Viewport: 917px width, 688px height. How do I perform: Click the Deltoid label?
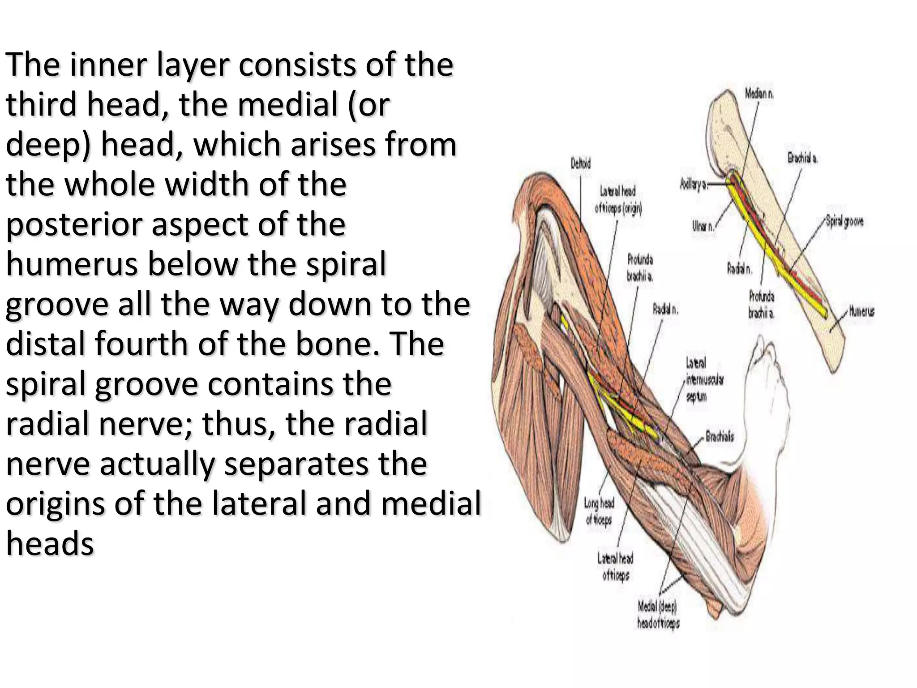(x=580, y=164)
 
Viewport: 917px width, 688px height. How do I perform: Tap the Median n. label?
(x=759, y=94)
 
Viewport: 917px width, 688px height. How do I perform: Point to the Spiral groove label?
(x=844, y=222)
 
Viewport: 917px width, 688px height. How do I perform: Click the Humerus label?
(x=861, y=311)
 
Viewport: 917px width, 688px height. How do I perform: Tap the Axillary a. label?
(x=693, y=184)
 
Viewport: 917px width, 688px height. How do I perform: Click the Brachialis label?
(x=720, y=436)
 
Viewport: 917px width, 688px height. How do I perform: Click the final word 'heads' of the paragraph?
(x=50, y=544)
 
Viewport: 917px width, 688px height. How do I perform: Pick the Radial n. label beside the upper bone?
(x=740, y=269)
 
